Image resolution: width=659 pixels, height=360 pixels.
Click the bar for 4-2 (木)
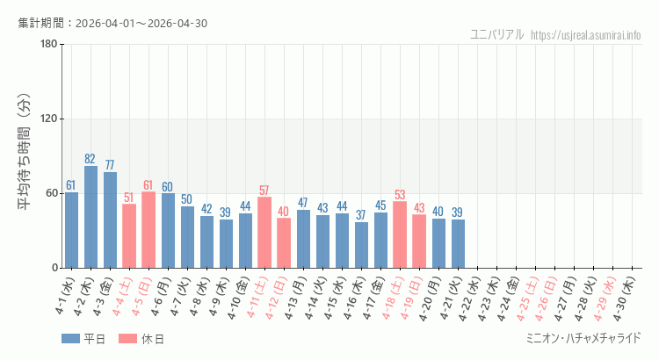(x=91, y=217)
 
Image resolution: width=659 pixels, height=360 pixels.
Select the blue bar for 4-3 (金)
(x=110, y=220)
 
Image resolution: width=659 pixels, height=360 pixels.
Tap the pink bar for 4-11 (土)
(x=264, y=232)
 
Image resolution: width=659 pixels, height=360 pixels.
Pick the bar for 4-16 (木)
(x=361, y=245)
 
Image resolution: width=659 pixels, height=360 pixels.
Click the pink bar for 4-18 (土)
(x=400, y=234)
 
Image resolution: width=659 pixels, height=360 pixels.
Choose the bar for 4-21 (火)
(x=458, y=243)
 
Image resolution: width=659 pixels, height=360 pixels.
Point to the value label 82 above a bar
(x=91, y=159)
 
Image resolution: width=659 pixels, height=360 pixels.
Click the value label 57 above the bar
(x=264, y=191)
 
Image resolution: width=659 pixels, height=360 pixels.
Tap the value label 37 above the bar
(x=361, y=215)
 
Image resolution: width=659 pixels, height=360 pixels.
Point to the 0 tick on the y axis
(x=54, y=268)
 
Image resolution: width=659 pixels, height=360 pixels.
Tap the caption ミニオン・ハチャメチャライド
(x=583, y=338)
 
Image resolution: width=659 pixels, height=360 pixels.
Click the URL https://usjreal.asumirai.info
(x=586, y=35)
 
